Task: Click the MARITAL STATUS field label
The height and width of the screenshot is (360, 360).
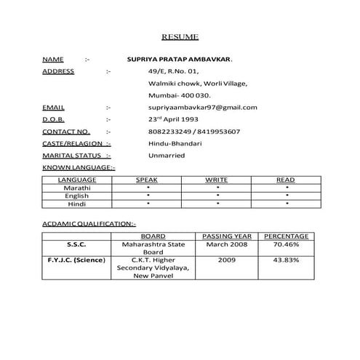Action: click(71, 155)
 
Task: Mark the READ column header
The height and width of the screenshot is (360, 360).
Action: click(285, 179)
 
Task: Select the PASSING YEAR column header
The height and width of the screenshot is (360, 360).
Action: click(226, 236)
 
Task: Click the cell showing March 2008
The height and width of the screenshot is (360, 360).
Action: click(226, 245)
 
